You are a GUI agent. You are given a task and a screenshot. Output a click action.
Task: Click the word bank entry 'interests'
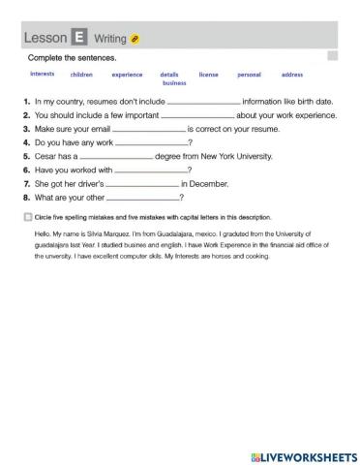[43, 74]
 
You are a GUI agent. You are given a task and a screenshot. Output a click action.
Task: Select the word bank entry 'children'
[81, 74]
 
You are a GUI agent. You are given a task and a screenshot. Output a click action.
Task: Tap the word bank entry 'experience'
[127, 74]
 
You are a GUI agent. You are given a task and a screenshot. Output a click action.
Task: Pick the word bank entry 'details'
[169, 74]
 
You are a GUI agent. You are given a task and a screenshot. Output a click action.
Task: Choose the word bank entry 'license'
[208, 74]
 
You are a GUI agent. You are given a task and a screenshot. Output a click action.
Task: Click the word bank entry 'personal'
[249, 74]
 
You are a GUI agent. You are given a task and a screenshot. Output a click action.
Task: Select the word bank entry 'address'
[291, 74]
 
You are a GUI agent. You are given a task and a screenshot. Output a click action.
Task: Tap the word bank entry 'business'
[174, 83]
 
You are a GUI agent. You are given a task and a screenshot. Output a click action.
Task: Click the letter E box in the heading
[78, 38]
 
